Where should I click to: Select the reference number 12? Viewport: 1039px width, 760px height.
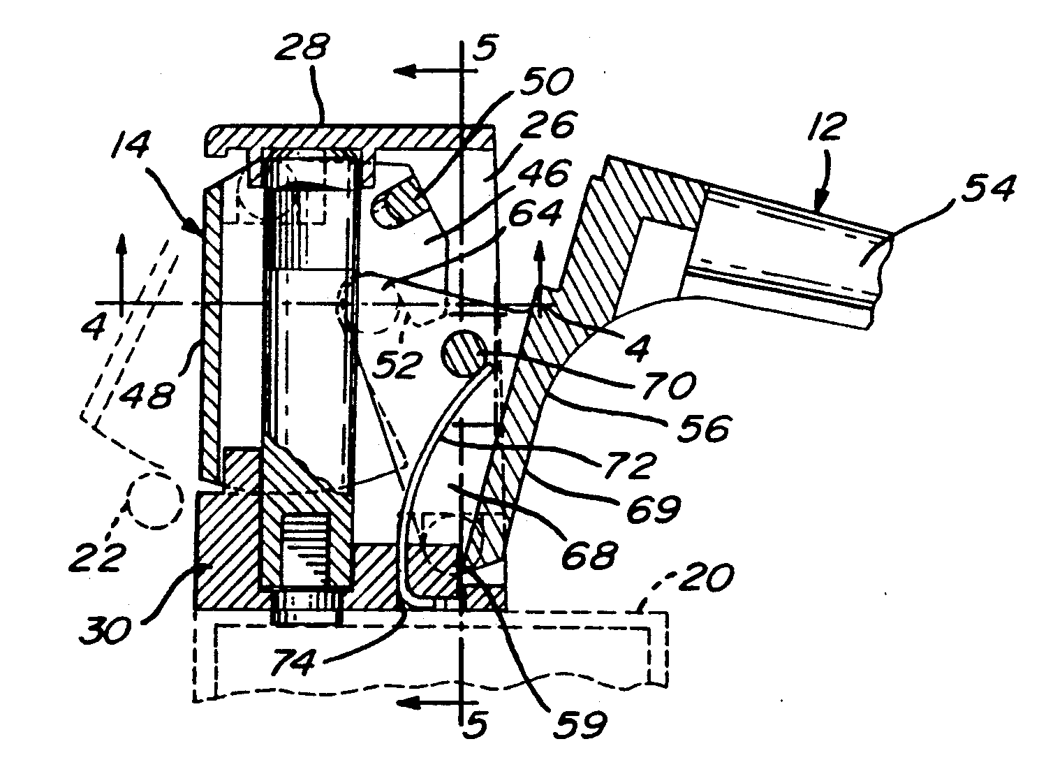pyautogui.click(x=826, y=126)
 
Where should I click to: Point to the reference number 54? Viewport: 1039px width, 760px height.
pyautogui.click(x=988, y=189)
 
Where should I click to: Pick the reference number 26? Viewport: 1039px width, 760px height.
pyautogui.click(x=547, y=124)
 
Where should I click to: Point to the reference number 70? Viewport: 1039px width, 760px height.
pyautogui.click(x=669, y=385)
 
